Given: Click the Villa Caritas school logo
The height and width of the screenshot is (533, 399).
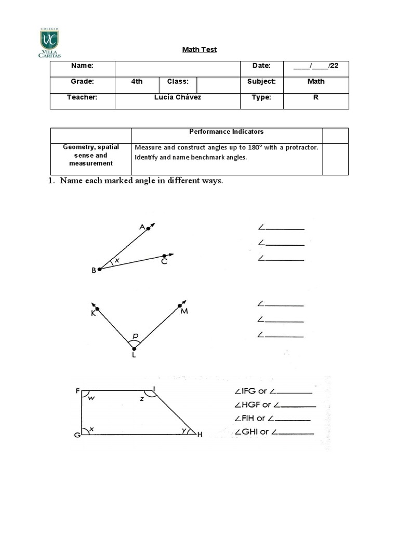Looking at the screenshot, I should tap(49, 43).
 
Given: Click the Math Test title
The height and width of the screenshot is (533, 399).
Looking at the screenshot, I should tap(199, 49).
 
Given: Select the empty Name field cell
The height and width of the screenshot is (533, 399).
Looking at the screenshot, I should tap(177, 69).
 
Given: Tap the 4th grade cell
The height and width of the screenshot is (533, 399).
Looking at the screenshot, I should tap(137, 82).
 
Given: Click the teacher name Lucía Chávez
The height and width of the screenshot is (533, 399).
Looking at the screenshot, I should tap(177, 97).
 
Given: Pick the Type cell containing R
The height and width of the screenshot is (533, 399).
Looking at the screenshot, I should tap(315, 97).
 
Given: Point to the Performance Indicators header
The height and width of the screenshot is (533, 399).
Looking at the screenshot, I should tap(226, 132).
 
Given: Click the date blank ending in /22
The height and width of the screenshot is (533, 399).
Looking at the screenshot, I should tap(315, 66).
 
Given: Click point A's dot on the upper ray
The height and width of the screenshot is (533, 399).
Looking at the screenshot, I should tap(148, 228).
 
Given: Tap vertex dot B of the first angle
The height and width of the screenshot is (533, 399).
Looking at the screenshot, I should tap(100, 269).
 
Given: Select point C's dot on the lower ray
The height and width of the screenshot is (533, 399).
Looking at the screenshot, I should tap(164, 256).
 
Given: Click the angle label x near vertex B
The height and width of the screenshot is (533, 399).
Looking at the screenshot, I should tap(117, 260).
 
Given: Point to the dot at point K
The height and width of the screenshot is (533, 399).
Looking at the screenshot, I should tap(97, 309).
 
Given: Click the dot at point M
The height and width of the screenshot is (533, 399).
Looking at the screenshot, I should tap(180, 306).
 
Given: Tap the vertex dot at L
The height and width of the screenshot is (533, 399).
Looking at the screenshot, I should tap(134, 349).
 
